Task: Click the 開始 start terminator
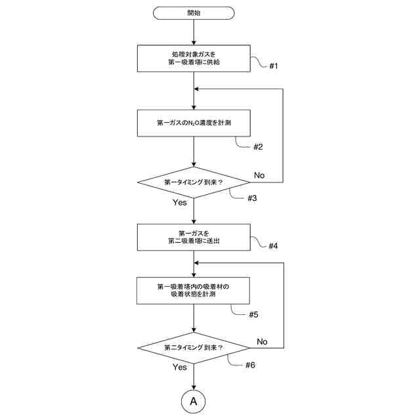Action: (x=194, y=13)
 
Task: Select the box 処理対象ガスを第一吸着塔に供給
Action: (x=194, y=58)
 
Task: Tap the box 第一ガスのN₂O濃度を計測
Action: (x=194, y=123)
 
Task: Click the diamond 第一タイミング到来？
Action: (x=194, y=182)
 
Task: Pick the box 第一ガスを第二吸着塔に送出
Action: (x=194, y=237)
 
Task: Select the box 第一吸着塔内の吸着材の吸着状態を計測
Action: (x=194, y=291)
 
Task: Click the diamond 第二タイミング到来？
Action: (x=194, y=347)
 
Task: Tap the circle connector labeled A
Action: (x=194, y=400)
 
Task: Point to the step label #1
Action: (x=274, y=66)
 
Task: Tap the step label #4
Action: (x=273, y=245)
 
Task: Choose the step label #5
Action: (x=253, y=314)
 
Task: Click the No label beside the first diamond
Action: (x=259, y=175)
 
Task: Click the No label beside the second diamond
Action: (x=262, y=341)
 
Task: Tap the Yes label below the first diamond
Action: (x=180, y=202)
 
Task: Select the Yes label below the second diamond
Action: (x=180, y=367)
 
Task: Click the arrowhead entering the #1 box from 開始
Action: (x=194, y=42)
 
